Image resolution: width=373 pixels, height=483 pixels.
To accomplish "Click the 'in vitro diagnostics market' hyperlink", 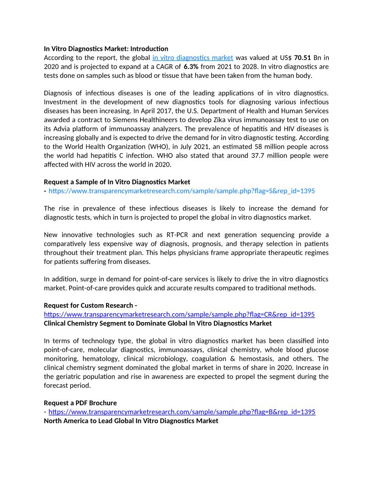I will tap(192, 58).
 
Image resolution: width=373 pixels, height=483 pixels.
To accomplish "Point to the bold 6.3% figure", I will tap(191, 67).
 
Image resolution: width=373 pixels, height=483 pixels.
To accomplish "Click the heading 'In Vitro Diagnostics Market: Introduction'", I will tap(106, 48).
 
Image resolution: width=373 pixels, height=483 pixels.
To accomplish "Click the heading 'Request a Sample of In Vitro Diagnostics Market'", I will tap(117, 182).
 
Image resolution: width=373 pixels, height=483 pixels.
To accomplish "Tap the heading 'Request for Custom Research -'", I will tap(91, 306).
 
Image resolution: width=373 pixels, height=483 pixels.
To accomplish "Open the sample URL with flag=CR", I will tap(179, 315).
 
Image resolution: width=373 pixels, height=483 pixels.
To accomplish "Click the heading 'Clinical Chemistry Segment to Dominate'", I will tap(158, 323).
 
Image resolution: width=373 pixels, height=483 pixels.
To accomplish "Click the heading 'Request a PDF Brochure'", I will tap(80, 403).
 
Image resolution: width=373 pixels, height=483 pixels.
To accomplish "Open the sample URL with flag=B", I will tap(181, 412).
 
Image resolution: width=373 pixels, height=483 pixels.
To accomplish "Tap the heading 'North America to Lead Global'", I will tap(131, 421).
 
